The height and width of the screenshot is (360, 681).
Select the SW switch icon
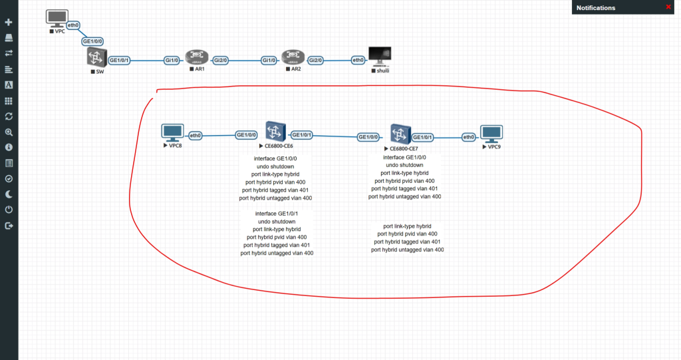96,58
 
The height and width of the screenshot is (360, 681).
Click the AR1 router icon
196,57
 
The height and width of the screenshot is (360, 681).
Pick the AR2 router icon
292,57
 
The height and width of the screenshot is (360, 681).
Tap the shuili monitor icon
380,57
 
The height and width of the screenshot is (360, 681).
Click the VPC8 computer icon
172,132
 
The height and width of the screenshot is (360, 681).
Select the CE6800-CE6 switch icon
275,131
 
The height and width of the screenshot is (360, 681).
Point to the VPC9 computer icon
492,133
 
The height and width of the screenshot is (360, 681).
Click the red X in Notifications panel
668,7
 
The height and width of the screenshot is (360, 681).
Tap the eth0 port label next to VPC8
196,136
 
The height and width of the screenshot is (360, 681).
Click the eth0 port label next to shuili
358,60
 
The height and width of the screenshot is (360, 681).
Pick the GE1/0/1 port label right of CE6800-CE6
303,134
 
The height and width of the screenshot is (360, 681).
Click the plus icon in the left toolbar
9,23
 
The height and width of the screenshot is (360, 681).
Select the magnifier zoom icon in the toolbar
9,132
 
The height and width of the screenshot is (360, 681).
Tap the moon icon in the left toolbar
9,194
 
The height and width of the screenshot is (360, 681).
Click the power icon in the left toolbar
9,210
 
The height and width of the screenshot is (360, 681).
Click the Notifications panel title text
596,8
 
